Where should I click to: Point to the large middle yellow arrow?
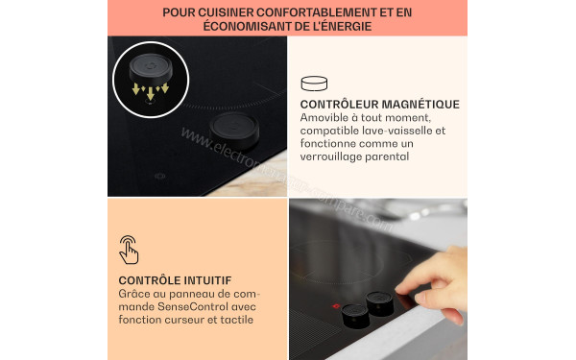[149, 93]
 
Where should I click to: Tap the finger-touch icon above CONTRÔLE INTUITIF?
[129, 249]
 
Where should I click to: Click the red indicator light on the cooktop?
[335, 307]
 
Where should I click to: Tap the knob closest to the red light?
[353, 314]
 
